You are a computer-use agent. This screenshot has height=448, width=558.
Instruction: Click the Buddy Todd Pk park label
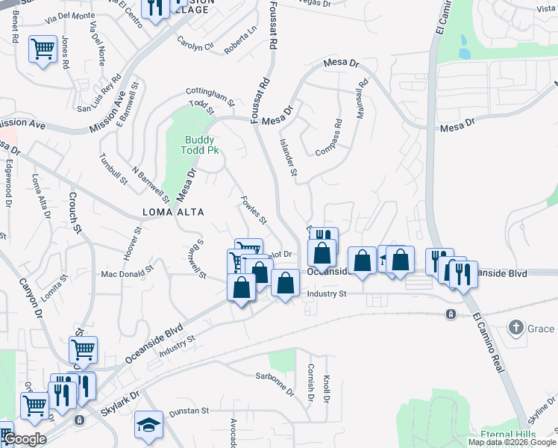coord(200,145)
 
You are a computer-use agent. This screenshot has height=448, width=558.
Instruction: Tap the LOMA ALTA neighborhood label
coord(172,212)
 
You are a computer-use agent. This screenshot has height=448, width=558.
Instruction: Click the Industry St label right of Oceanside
coord(327,294)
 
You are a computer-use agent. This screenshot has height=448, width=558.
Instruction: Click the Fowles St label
coord(253,210)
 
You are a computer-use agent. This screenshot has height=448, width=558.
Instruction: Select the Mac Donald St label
coord(128,274)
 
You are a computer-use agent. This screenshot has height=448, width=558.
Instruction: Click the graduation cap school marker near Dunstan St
coord(149,424)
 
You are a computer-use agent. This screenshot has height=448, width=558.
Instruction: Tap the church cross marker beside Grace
coord(515,327)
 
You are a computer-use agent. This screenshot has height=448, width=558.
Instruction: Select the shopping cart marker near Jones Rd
coord(43,50)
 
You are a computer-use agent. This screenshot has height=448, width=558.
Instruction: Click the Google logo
coord(24,439)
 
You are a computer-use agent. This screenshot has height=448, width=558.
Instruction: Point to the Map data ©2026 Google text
coord(511,442)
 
